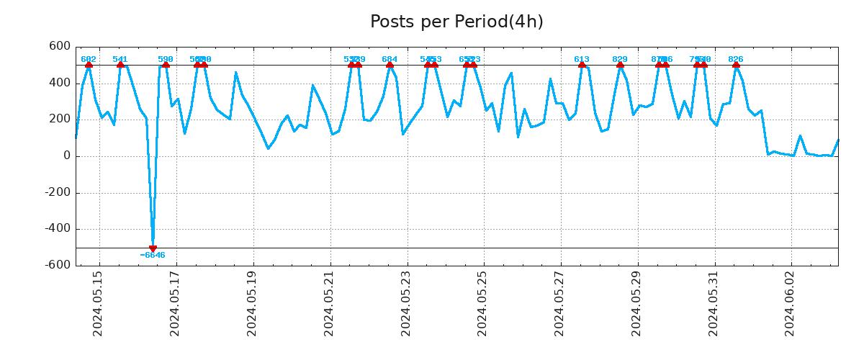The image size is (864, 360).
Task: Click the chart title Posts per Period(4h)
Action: [456, 22]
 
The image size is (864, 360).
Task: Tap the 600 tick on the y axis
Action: [60, 47]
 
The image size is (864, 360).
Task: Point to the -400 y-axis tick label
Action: [57, 229]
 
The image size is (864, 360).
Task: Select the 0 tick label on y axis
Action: [66, 156]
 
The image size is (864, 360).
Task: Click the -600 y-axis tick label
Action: [57, 265]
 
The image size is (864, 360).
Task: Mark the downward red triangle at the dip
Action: [153, 248]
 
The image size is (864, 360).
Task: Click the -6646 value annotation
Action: [153, 256]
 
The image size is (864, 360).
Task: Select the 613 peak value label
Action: [582, 59]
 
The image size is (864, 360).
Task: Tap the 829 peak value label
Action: [620, 59]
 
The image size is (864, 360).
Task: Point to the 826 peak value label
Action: [736, 59]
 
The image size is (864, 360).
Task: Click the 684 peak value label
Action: [390, 59]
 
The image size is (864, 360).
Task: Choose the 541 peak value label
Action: [120, 59]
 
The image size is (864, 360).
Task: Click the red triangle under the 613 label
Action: [582, 65]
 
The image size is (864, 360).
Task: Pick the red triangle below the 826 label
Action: [736, 65]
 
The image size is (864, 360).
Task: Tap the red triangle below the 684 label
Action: [390, 65]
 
